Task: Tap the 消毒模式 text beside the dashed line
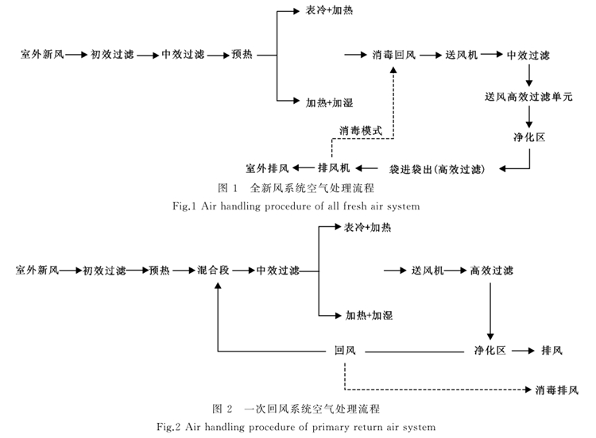click(x=361, y=129)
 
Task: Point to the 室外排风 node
click(x=268, y=168)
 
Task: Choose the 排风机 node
click(x=334, y=168)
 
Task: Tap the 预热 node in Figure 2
click(x=159, y=271)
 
